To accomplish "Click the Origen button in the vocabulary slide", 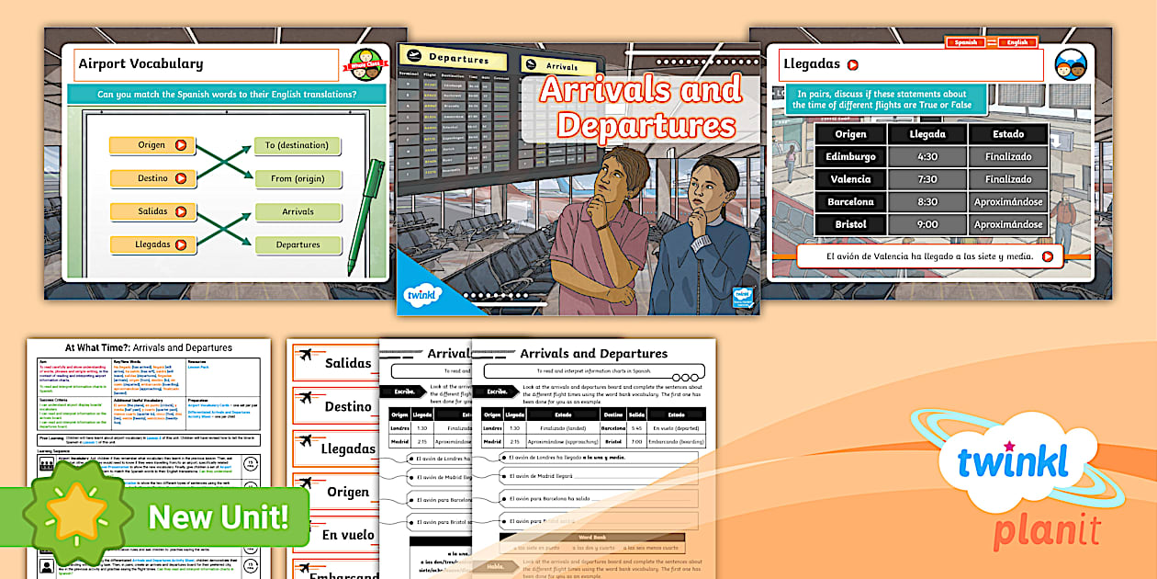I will [152, 145].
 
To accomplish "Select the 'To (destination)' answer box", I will [297, 145].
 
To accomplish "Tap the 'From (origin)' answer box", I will [297, 178].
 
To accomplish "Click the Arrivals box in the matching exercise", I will [297, 211].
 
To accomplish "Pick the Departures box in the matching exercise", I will [297, 244].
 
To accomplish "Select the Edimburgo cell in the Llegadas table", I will [850, 156].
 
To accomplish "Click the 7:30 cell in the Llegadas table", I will [927, 179].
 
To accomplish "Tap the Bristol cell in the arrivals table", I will [850, 224].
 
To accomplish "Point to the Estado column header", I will [1008, 134].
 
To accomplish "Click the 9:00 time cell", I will [927, 224].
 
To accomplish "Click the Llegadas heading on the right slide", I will [811, 64].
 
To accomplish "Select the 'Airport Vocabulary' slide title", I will [140, 64].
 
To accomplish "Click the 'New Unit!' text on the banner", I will [218, 517].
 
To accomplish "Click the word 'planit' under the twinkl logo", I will [1048, 530].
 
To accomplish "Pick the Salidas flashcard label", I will [348, 363].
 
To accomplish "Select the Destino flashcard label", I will [348, 406].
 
